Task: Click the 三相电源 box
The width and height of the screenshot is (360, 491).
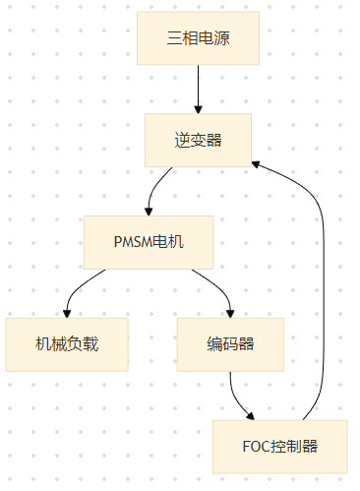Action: click(x=198, y=38)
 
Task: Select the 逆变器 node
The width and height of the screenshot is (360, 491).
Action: click(x=198, y=140)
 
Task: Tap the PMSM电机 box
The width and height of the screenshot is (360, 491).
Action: click(x=149, y=242)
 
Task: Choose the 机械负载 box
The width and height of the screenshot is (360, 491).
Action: click(x=67, y=344)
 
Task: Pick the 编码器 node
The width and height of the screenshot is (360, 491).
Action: click(x=230, y=344)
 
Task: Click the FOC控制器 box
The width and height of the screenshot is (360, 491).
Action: click(x=280, y=446)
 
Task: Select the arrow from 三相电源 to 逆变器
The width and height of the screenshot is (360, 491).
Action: click(x=198, y=89)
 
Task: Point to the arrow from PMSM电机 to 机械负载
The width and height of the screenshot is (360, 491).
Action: click(x=84, y=286)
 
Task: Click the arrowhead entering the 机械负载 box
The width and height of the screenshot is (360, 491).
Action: click(x=67, y=312)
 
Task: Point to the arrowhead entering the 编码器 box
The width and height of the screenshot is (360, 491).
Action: click(x=230, y=312)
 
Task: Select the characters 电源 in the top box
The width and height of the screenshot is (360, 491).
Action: click(x=213, y=38)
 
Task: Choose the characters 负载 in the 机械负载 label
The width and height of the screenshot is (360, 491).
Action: click(x=83, y=344)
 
